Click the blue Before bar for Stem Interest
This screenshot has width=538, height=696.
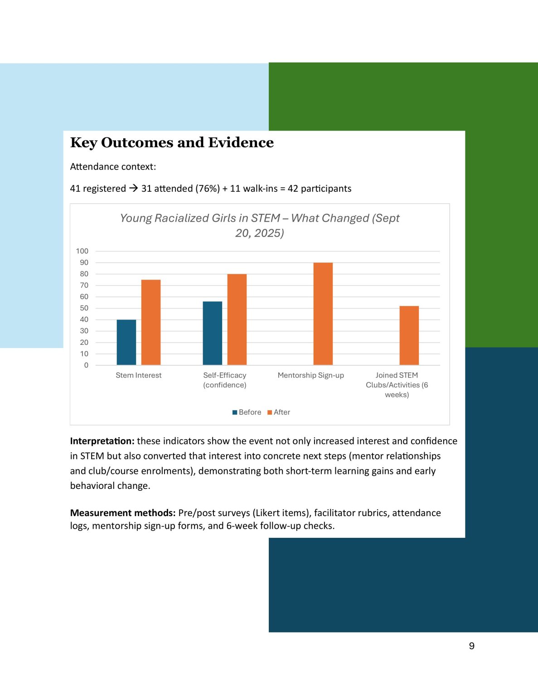(x=126, y=342)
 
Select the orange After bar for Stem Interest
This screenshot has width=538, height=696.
(x=151, y=322)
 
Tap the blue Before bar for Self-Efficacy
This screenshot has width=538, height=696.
(x=212, y=333)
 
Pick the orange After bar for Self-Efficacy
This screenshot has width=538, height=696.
(x=237, y=319)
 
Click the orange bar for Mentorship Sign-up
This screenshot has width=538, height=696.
(x=323, y=314)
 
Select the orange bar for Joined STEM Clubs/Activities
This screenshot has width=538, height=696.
(x=409, y=335)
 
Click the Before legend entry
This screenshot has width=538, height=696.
(x=247, y=412)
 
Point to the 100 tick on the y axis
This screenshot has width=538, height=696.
(x=82, y=251)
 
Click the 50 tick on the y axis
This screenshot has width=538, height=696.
(x=84, y=308)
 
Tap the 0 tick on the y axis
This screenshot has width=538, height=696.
(x=86, y=365)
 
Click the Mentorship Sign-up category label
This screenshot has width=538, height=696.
(x=310, y=375)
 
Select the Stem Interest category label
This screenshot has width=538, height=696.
(x=138, y=375)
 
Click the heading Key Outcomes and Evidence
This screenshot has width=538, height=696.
(x=172, y=143)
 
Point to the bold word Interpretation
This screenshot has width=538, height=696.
(x=102, y=441)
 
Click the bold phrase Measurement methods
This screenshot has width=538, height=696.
(x=122, y=513)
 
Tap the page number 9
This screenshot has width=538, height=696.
(x=472, y=646)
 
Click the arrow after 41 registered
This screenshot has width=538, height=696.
(x=133, y=188)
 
